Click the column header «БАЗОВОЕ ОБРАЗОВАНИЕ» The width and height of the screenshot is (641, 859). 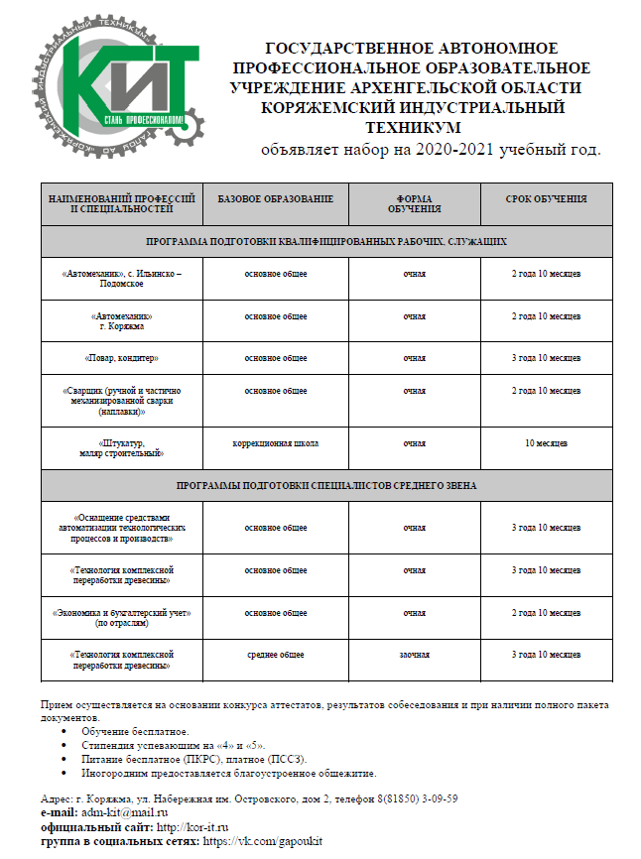(275, 199)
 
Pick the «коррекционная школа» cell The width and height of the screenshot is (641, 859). (275, 442)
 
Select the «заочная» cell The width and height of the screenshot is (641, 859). (414, 655)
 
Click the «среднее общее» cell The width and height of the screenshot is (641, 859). (275, 655)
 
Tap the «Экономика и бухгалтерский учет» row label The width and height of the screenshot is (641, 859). (121, 618)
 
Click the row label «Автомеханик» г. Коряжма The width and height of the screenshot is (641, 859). (121, 320)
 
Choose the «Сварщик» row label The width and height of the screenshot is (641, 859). (121, 400)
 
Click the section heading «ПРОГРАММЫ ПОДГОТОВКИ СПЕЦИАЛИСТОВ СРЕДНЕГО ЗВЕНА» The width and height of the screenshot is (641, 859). (326, 486)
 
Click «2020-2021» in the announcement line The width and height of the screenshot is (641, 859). (450, 150)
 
